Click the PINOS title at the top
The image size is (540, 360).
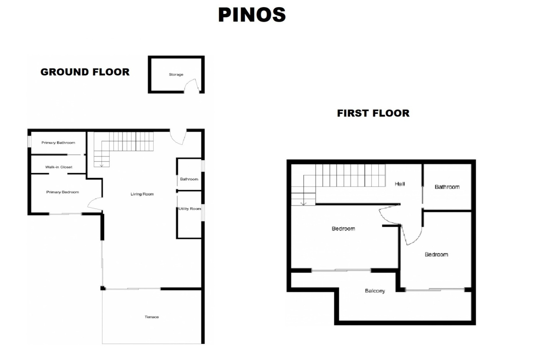click(x=252, y=15)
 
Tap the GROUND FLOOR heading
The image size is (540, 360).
click(x=85, y=72)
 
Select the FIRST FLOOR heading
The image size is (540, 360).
click(x=373, y=113)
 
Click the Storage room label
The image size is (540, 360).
click(x=176, y=75)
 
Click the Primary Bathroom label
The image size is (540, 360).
click(x=58, y=143)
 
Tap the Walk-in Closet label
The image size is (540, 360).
click(x=59, y=167)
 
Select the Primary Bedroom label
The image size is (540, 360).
click(x=62, y=192)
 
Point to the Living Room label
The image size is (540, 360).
click(x=142, y=194)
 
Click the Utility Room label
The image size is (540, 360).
click(x=190, y=209)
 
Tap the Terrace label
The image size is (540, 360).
click(x=152, y=317)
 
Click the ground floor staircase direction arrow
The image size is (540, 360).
click(x=102, y=165)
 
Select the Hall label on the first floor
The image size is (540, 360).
click(x=400, y=184)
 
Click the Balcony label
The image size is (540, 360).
click(x=375, y=291)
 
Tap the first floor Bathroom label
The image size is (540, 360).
click(x=447, y=187)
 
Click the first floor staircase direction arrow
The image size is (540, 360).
click(x=303, y=203)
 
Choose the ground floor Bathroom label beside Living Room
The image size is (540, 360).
click(x=189, y=179)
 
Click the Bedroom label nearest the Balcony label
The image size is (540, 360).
click(x=343, y=229)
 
